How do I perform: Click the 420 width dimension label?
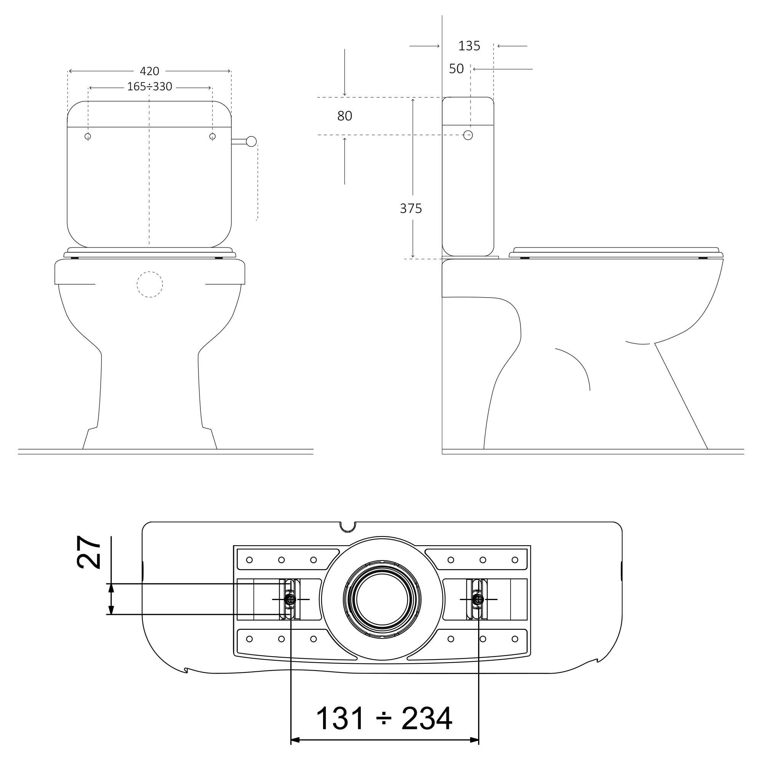pyautogui.click(x=149, y=71)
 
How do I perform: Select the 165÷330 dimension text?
pyautogui.click(x=149, y=87)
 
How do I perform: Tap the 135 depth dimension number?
pyautogui.click(x=469, y=46)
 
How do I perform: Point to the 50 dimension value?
pyautogui.click(x=456, y=69)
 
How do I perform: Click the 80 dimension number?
pyautogui.click(x=345, y=116)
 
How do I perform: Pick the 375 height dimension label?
pyautogui.click(x=411, y=209)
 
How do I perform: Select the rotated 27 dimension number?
pyautogui.click(x=89, y=552)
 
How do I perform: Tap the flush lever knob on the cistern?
pyautogui.click(x=251, y=141)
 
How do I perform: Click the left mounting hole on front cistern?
pyautogui.click(x=88, y=136)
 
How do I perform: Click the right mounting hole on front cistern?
pyautogui.click(x=213, y=136)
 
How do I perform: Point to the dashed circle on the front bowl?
pyautogui.click(x=150, y=284)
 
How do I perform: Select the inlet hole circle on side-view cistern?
pyautogui.click(x=468, y=135)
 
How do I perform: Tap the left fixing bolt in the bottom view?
pyautogui.click(x=291, y=599)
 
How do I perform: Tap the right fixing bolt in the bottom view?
pyautogui.click(x=479, y=599)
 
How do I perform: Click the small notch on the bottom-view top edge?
pyautogui.click(x=348, y=526)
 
